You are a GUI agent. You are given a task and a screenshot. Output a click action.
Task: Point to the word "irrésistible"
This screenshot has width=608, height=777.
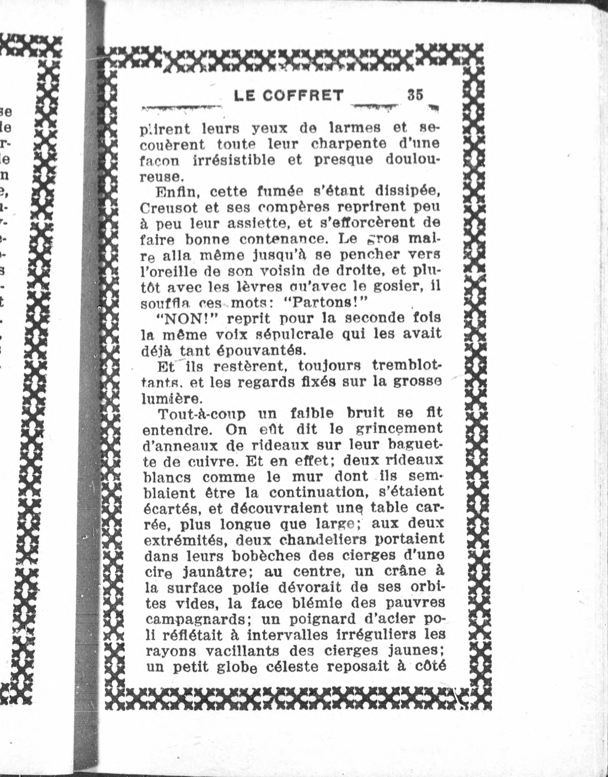(x=234, y=160)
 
